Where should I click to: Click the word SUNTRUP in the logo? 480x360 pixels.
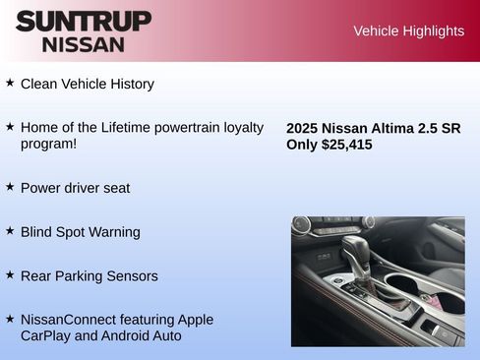point(84,21)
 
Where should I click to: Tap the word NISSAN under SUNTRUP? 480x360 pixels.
point(84,44)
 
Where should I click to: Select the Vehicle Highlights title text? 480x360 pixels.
point(408,30)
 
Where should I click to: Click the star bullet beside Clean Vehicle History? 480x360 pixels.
point(10,83)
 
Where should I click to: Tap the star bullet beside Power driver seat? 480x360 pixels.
point(10,186)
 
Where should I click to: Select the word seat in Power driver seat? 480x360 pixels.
point(114,188)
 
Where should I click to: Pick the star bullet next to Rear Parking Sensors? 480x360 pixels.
point(10,274)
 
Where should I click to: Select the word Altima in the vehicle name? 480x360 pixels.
point(396,128)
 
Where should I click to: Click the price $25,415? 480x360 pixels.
point(346,145)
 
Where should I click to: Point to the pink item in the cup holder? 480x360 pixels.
point(426,296)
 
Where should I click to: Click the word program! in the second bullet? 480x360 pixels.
point(48,144)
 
